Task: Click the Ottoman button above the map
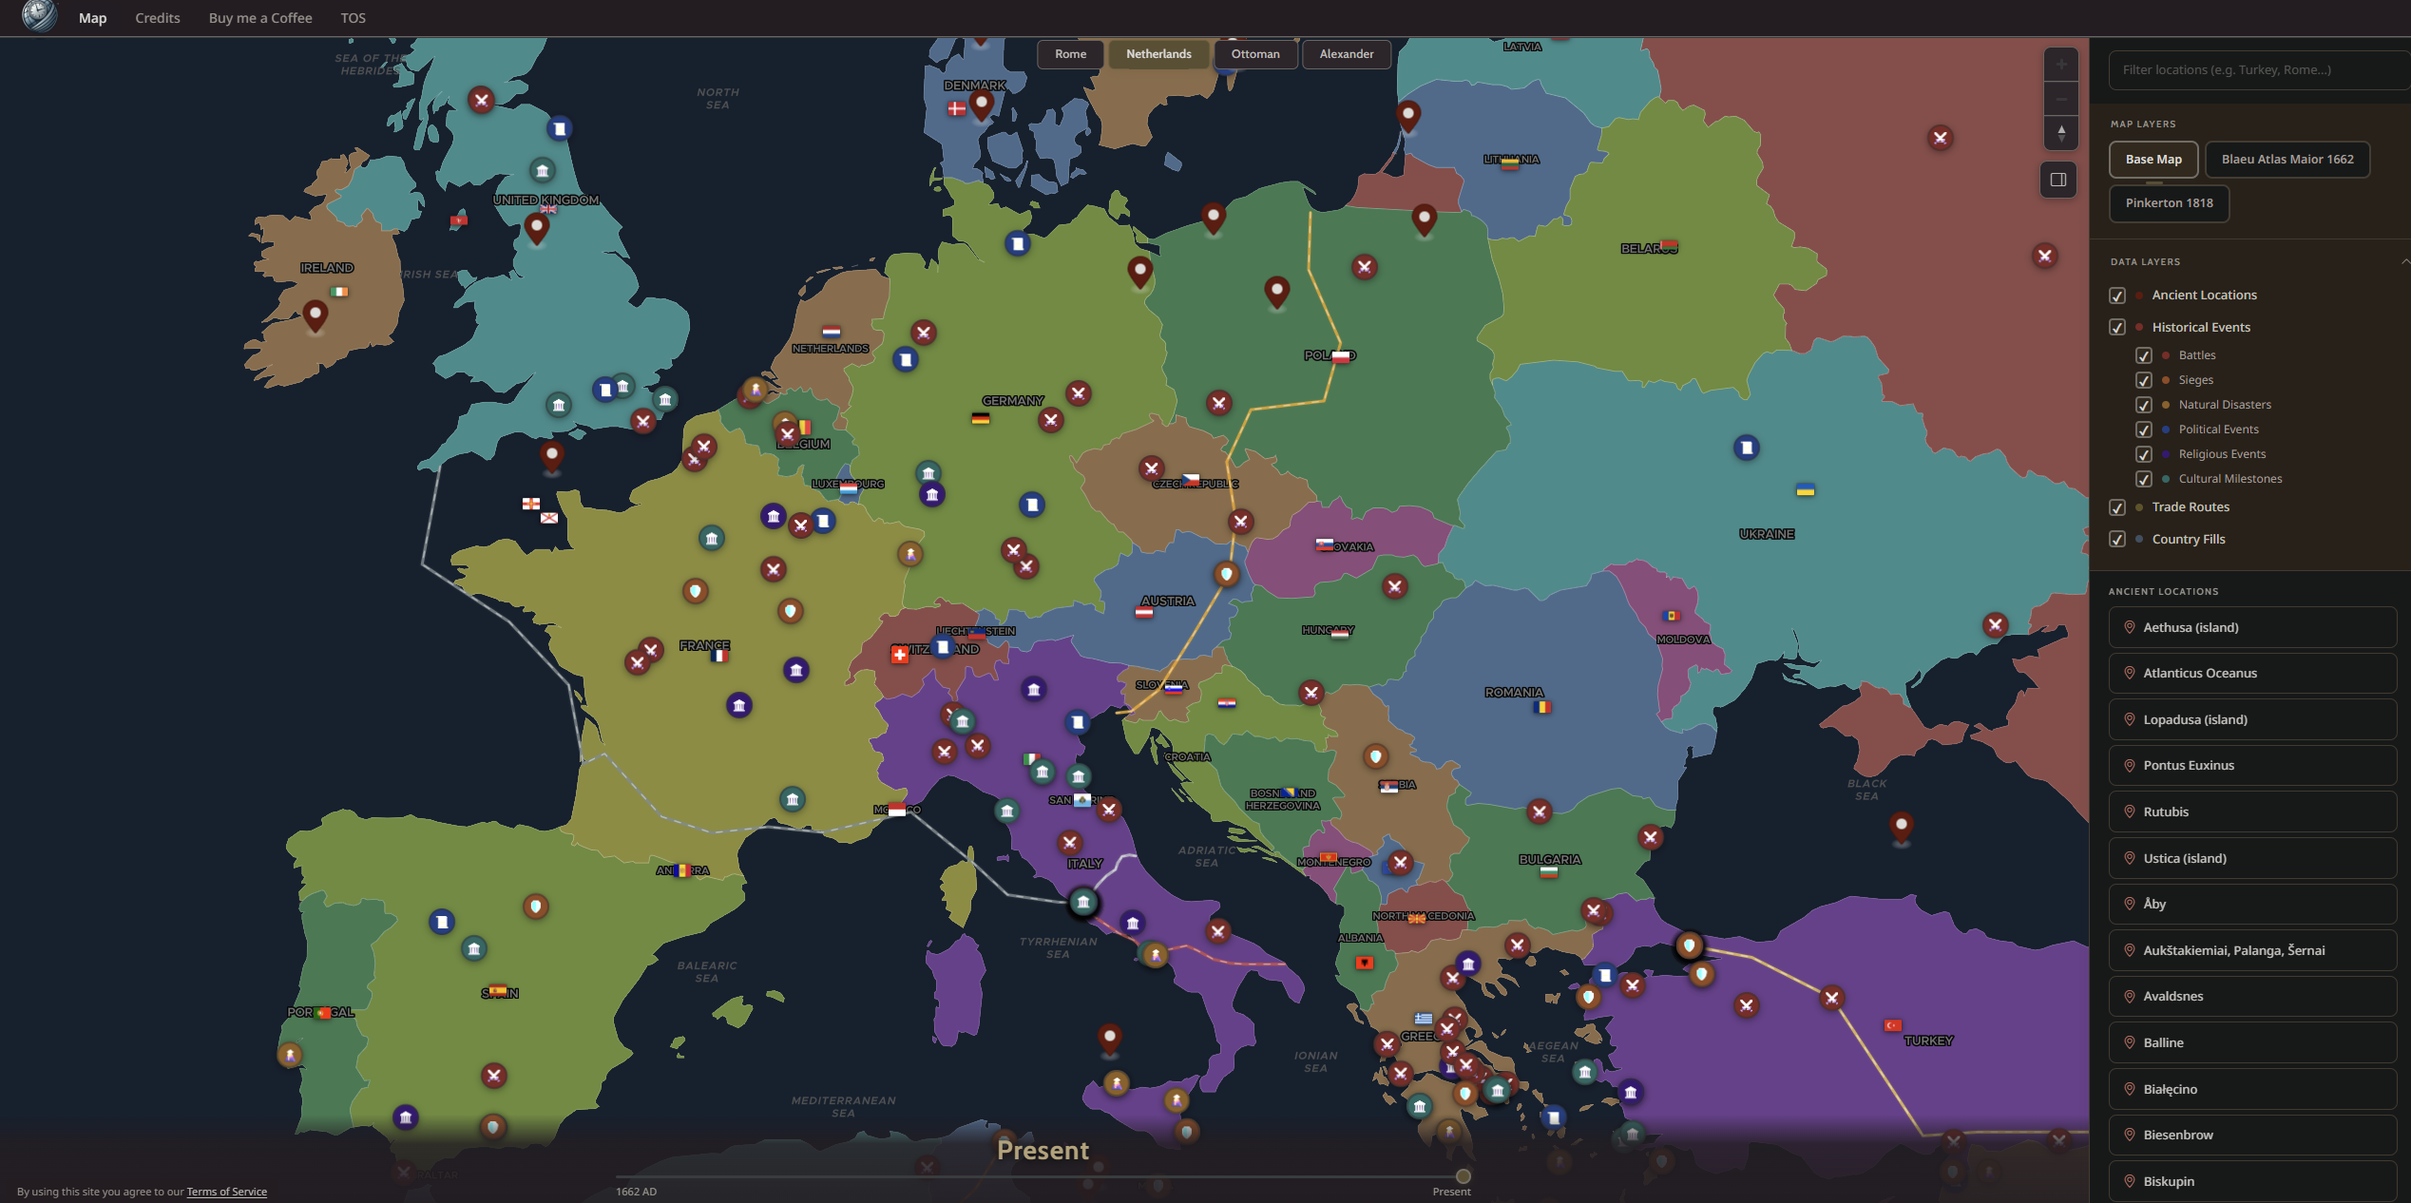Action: pyautogui.click(x=1254, y=54)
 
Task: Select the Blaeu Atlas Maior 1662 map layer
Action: pyautogui.click(x=2287, y=160)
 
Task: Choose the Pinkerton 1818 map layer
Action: pyautogui.click(x=2169, y=203)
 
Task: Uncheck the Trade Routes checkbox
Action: pyautogui.click(x=2117, y=507)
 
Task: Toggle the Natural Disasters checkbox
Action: pyautogui.click(x=2144, y=405)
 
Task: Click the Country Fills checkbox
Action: pyautogui.click(x=2117, y=540)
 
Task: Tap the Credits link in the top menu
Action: pyautogui.click(x=157, y=18)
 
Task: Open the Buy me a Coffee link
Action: pyautogui.click(x=260, y=18)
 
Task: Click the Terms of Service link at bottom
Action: pyautogui.click(x=226, y=1192)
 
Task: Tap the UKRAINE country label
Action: pyautogui.click(x=1766, y=535)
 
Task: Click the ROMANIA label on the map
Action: pyautogui.click(x=1513, y=693)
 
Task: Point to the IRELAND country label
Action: pyautogui.click(x=327, y=269)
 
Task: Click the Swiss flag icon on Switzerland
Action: pyautogui.click(x=899, y=655)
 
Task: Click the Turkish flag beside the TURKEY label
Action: pyautogui.click(x=1892, y=1025)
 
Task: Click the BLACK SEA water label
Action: pyautogui.click(x=1866, y=790)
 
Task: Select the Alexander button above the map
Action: pyautogui.click(x=1346, y=54)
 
